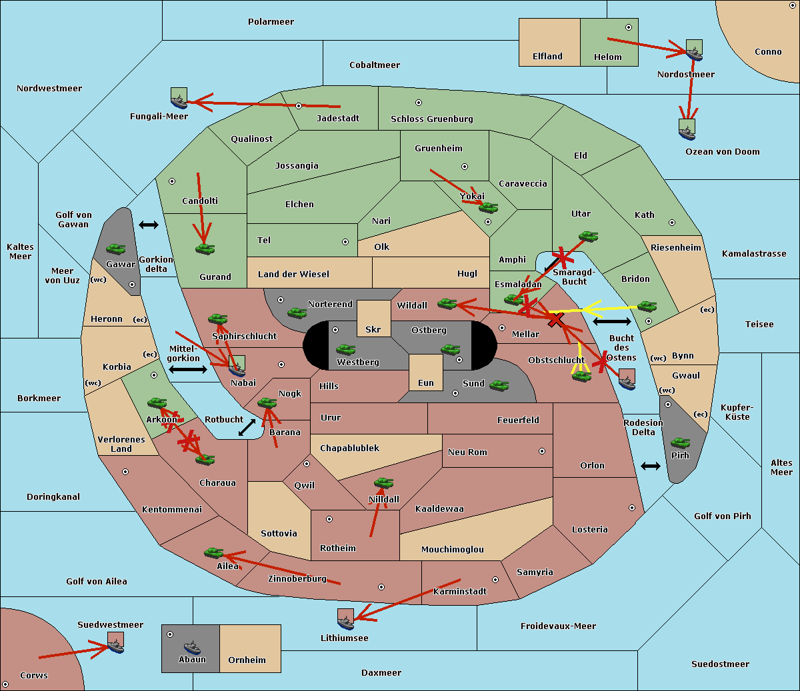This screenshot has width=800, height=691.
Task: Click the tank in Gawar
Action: (116, 249)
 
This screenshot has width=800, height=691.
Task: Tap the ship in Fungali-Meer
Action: (179, 98)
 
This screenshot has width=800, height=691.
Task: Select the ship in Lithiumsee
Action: (345, 619)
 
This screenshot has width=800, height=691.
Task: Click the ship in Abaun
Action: (192, 647)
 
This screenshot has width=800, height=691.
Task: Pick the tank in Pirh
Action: (680, 442)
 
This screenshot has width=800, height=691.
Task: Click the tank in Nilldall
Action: (383, 483)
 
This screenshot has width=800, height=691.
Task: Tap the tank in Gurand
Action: (205, 249)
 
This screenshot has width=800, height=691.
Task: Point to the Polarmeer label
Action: (271, 22)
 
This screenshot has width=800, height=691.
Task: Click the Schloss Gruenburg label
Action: (432, 119)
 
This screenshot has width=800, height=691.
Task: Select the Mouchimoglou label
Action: (453, 549)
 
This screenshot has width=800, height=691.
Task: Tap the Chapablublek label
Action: (349, 448)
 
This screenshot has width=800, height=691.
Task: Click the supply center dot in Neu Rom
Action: (542, 451)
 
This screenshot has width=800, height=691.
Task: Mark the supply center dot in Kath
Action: (672, 223)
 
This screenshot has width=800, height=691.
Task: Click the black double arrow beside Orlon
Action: (651, 466)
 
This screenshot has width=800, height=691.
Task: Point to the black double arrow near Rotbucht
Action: (247, 428)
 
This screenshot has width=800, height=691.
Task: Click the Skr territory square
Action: (373, 319)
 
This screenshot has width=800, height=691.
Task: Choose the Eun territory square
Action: (426, 372)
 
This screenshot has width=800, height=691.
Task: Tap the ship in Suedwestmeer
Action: (116, 642)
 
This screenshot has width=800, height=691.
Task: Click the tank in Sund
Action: (499, 385)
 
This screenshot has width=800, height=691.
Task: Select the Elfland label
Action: (547, 57)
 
